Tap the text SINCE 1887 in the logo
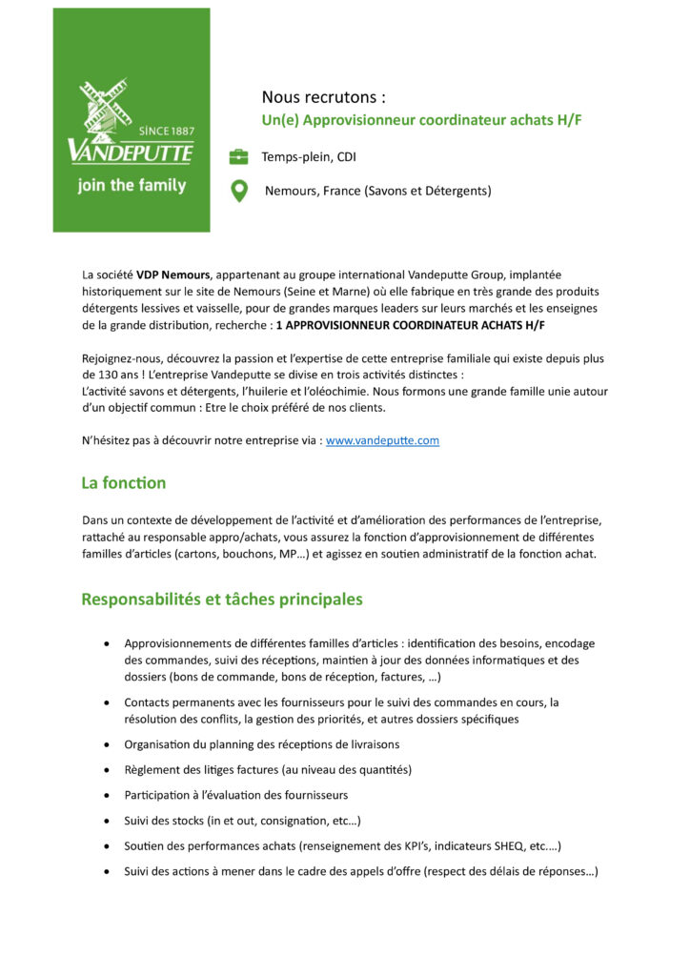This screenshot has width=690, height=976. (167, 131)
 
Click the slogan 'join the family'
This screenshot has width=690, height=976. (132, 186)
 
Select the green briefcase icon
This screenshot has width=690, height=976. (238, 157)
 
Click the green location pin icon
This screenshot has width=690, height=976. (239, 191)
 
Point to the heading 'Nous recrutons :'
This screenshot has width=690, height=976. (324, 97)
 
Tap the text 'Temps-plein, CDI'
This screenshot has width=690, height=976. (309, 157)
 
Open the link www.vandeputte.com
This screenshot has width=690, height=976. (382, 440)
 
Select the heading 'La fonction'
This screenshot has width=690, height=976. (124, 483)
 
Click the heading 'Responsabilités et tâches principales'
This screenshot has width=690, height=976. (222, 600)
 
